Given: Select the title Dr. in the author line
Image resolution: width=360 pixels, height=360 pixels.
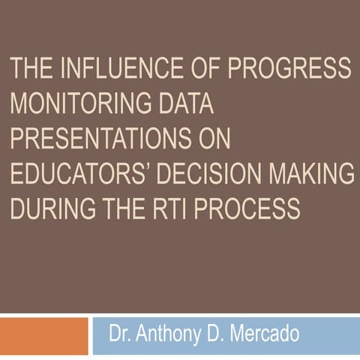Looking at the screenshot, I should [121, 332].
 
